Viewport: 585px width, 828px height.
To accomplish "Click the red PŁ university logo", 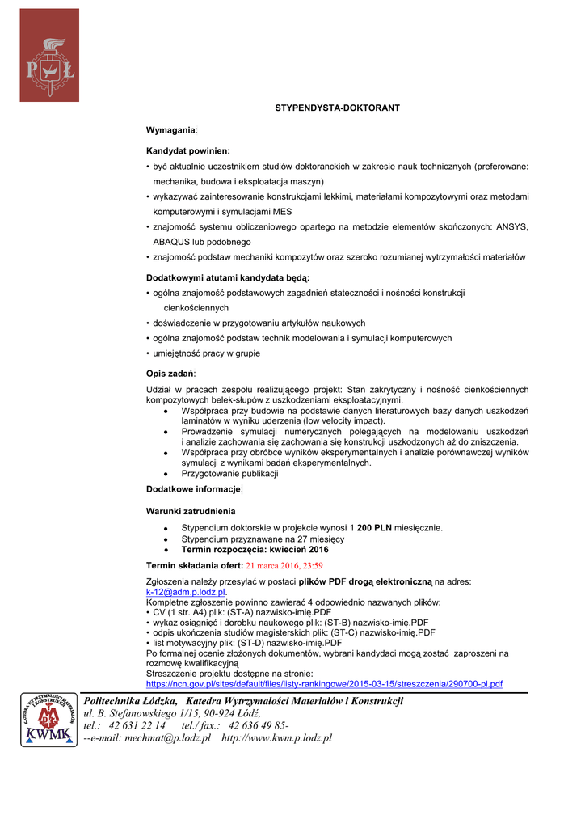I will coord(49,55).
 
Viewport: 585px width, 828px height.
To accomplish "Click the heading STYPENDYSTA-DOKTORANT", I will coord(337,108).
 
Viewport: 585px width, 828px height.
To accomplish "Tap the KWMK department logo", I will coord(49,720).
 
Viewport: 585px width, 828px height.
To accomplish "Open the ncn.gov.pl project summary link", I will coord(324,684).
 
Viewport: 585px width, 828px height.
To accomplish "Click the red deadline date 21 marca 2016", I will coord(284,566).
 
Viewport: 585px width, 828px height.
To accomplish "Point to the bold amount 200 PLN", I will coord(374,527).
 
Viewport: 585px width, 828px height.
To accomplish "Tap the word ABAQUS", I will coord(172,242).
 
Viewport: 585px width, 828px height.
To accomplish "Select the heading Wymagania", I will coord(170,129).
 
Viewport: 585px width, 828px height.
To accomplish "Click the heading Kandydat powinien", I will coord(187,150).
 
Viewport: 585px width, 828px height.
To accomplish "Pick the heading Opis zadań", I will coord(170,374).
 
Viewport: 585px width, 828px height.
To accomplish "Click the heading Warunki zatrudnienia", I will coord(191,511).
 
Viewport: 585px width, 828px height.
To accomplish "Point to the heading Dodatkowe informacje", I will coord(194,489).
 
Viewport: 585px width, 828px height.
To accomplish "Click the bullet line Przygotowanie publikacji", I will coord(229,474).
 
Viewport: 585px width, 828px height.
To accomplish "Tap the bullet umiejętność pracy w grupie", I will coord(207,353).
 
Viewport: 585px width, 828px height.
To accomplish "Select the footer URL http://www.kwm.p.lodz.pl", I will coord(276,738).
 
